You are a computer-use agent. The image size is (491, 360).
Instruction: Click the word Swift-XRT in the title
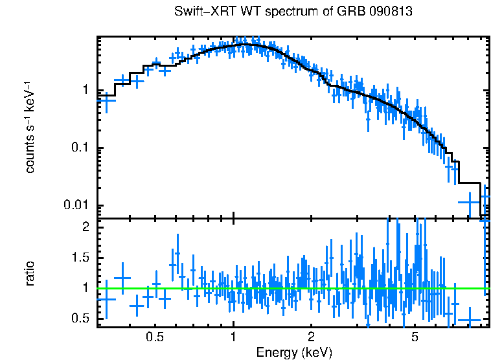[x=200, y=12]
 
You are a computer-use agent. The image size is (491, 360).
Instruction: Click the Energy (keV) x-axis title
[x=294, y=353]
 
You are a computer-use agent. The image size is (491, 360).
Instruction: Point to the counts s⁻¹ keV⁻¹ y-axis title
[x=30, y=128]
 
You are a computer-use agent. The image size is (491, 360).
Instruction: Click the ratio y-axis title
[x=30, y=273]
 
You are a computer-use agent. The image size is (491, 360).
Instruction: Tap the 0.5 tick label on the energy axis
[x=154, y=337]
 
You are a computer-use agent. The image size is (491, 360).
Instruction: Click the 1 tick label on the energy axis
[x=233, y=337]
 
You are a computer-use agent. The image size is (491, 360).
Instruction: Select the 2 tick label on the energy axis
[x=311, y=337]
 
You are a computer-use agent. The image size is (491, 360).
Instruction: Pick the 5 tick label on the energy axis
[x=415, y=337]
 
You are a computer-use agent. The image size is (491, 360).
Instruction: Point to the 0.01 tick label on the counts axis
[x=79, y=206]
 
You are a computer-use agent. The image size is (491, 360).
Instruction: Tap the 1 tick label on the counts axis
[x=86, y=91]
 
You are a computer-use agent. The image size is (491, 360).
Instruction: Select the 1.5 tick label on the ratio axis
[x=81, y=258]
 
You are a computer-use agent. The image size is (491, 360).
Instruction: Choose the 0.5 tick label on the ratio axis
[x=81, y=319]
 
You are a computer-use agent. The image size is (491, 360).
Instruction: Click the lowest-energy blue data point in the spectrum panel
[x=106, y=100]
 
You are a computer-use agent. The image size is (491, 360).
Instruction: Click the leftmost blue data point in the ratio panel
[x=106, y=299]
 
